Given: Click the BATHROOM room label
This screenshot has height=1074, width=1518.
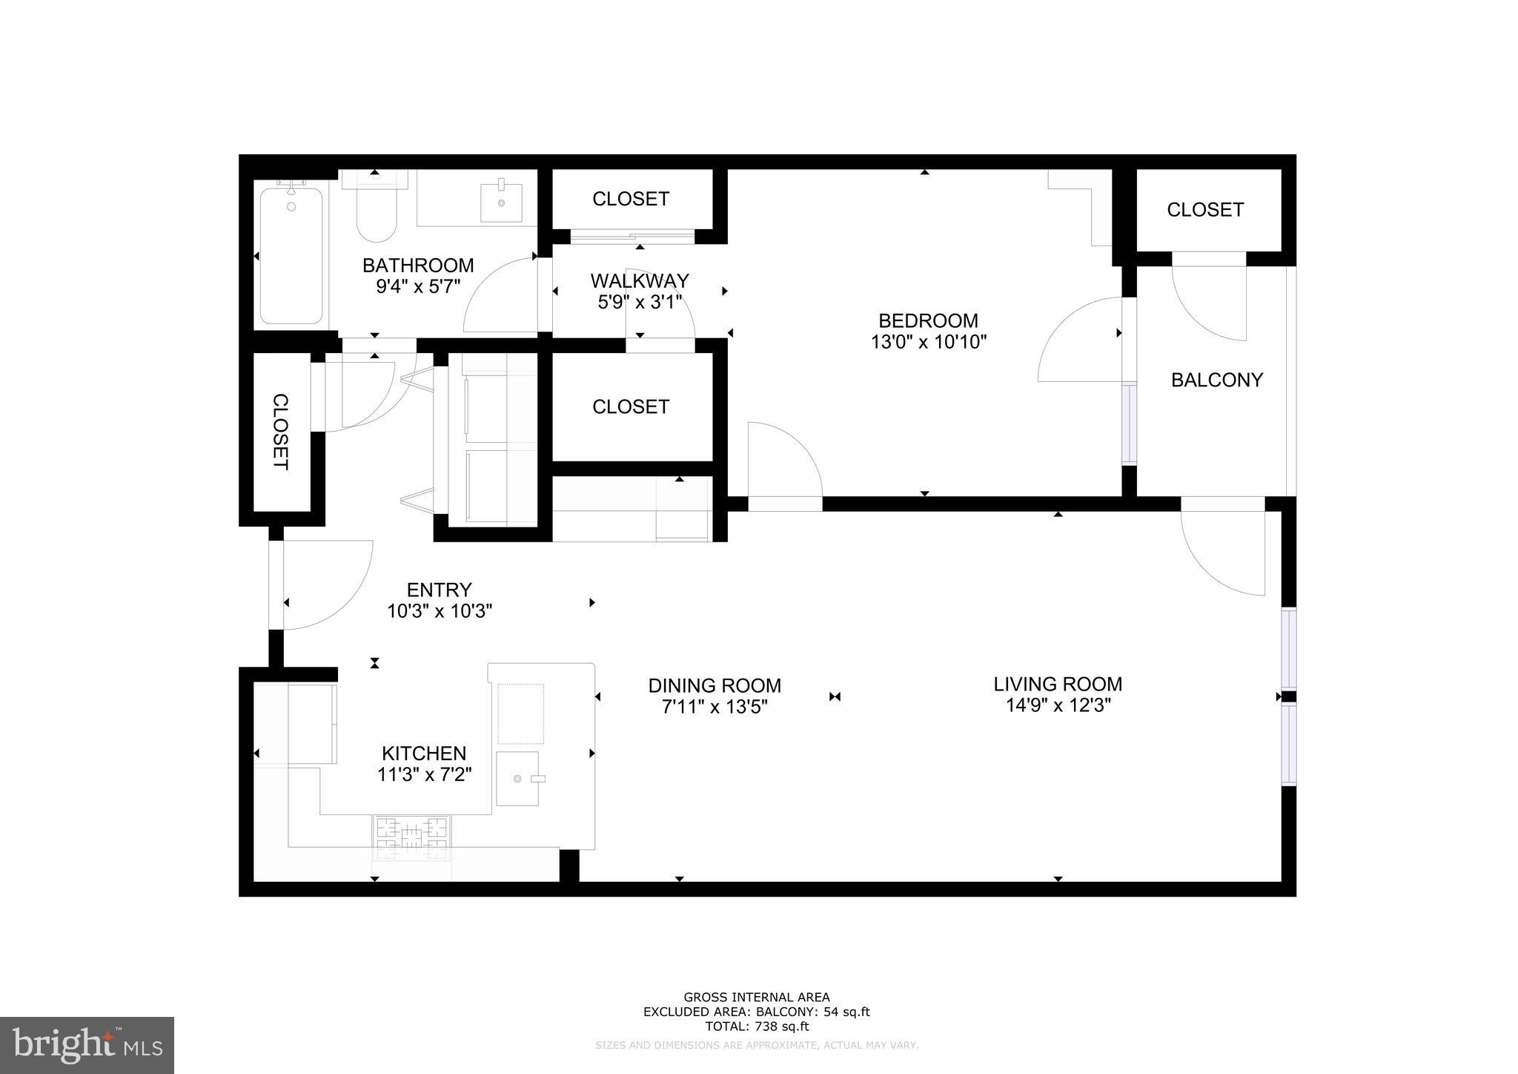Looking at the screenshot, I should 418,265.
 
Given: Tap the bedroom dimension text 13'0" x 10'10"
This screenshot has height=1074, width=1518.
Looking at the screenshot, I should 928,342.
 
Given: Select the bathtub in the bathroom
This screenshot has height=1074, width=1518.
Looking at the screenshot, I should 291,256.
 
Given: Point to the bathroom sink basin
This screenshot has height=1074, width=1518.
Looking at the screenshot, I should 501,202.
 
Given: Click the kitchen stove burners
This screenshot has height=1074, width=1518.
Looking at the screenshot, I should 411,837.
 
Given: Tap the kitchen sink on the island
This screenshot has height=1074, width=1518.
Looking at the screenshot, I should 517,778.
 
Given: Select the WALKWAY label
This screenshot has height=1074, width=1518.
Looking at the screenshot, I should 640,281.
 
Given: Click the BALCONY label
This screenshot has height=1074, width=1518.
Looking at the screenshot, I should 1216,380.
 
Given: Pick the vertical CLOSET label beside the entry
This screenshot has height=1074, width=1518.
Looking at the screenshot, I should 281,431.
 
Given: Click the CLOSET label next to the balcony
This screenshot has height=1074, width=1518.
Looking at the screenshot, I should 1204,210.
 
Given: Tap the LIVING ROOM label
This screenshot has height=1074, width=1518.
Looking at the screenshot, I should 1058,684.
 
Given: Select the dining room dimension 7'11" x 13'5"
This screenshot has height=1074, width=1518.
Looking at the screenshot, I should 714,707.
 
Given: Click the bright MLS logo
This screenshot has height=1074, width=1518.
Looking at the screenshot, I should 87,1044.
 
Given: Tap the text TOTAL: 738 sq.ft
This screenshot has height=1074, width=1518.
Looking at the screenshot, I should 756,1027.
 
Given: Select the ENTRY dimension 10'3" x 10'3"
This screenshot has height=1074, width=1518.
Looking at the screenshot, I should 440,611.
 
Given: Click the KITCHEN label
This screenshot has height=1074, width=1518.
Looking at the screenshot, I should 424,754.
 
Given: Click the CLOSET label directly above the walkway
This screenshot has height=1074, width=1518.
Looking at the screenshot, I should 631,199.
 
